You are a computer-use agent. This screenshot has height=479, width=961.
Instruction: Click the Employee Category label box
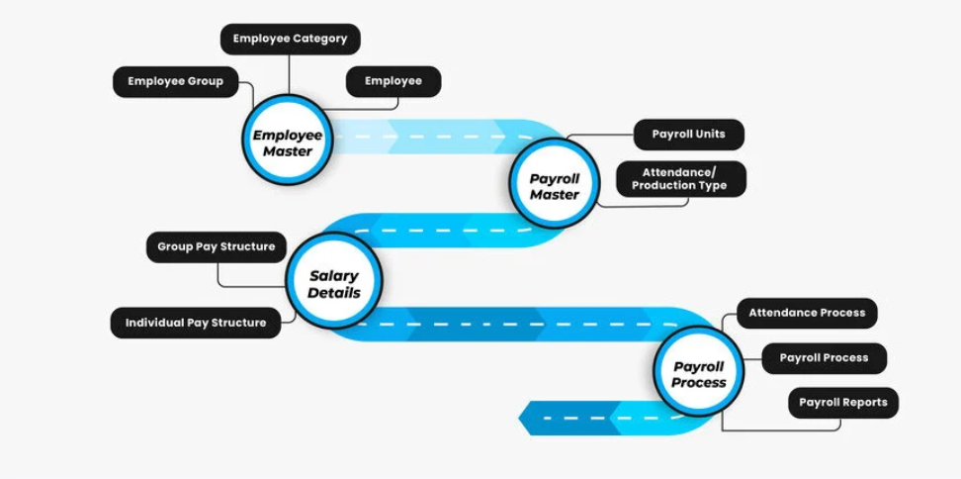click(x=290, y=40)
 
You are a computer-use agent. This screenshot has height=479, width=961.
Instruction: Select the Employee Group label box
click(x=176, y=82)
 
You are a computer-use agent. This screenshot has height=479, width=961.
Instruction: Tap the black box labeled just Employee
click(x=393, y=82)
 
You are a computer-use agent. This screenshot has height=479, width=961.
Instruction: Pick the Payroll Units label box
click(x=688, y=135)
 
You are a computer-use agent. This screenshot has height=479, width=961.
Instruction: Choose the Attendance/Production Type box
click(x=680, y=179)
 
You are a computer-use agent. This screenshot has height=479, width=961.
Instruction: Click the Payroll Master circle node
click(x=554, y=186)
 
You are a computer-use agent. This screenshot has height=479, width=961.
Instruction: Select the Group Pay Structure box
click(x=217, y=247)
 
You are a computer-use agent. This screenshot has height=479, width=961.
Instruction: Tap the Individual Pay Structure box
click(x=196, y=323)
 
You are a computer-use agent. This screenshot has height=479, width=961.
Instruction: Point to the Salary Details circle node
click(x=334, y=284)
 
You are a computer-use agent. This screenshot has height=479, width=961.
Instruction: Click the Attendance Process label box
click(x=807, y=313)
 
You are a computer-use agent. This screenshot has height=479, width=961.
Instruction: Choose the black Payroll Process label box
click(x=824, y=358)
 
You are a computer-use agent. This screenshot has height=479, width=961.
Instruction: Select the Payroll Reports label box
click(x=842, y=403)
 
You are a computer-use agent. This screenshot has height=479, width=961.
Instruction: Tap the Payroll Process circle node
click(x=699, y=374)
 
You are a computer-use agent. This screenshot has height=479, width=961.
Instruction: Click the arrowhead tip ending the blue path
click(x=521, y=418)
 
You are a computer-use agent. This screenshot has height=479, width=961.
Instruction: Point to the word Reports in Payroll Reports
click(x=865, y=403)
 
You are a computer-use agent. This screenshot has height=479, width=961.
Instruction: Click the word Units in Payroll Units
click(x=709, y=135)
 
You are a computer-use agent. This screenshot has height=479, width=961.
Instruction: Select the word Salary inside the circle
click(x=334, y=276)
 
